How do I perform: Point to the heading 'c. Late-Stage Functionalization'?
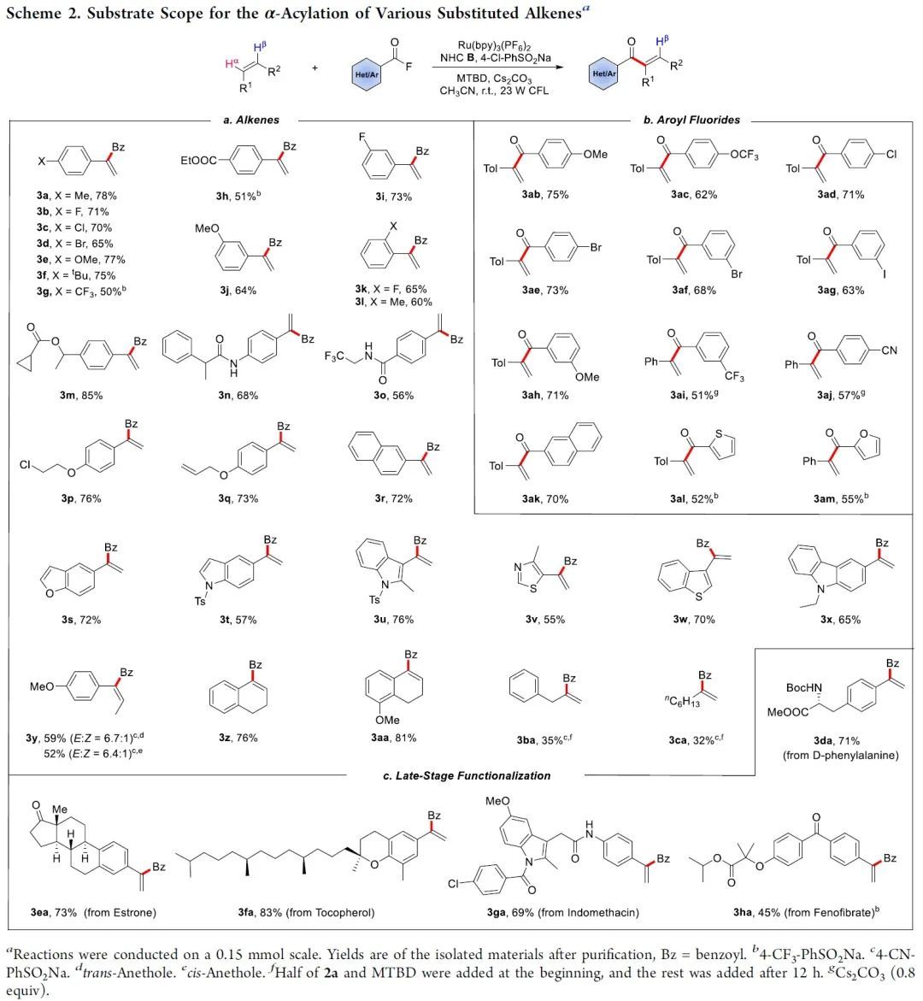pyautogui.click(x=467, y=775)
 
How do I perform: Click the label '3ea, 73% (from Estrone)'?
pyautogui.click(x=93, y=912)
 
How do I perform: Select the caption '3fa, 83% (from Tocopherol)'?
pyautogui.click(x=300, y=912)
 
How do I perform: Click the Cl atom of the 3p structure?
pyautogui.click(x=28, y=465)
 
